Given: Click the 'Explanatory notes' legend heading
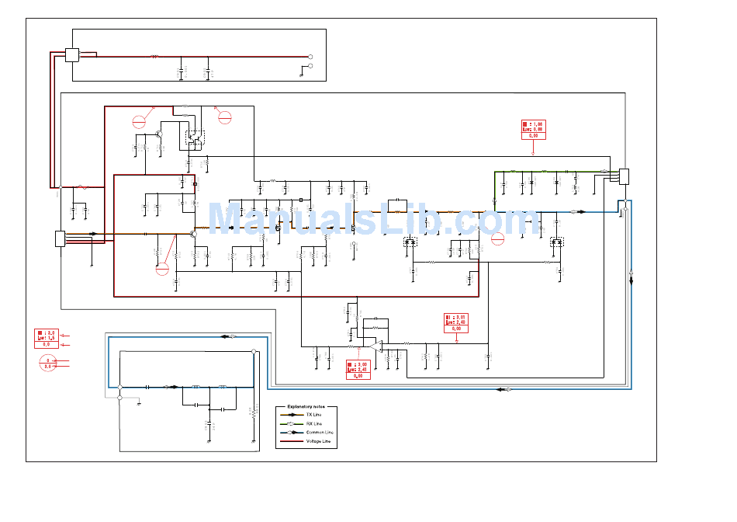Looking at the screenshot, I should pos(306,407).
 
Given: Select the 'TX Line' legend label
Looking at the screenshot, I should pos(313,416).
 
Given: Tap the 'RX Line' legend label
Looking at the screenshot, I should pos(313,424).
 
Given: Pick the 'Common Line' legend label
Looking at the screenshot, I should pos(320,433).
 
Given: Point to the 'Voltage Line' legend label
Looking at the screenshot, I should pos(318,441).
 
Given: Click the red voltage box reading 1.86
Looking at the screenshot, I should pos(533,130).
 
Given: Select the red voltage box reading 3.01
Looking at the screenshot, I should pos(456,323).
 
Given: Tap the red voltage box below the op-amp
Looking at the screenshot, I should pos(358,370).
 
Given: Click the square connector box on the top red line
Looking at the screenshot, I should pos(72,55).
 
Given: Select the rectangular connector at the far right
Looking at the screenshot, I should pos(624,176).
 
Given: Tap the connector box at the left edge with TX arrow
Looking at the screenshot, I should pos(61,238).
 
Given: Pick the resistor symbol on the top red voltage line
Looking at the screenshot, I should pos(154,56).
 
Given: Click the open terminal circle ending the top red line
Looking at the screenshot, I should pos(310,57).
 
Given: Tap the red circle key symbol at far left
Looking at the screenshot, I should pos(47,364).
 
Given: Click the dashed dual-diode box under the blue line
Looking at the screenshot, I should pos(555,242).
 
